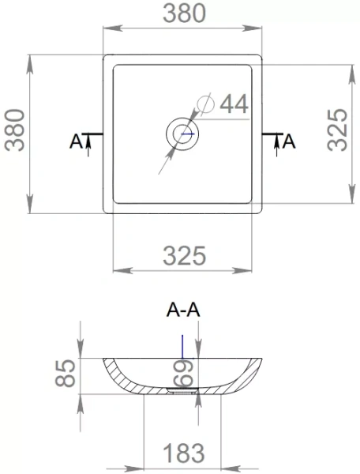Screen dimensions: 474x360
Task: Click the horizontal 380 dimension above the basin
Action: click(x=184, y=13)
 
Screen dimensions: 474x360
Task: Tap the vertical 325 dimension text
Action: click(x=336, y=130)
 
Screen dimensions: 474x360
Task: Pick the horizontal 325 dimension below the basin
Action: click(x=184, y=256)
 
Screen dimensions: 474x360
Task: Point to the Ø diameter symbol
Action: click(x=203, y=103)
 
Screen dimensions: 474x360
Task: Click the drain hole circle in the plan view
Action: click(x=183, y=133)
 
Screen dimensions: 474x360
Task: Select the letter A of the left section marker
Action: click(x=76, y=141)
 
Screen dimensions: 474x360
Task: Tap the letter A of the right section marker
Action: click(x=289, y=141)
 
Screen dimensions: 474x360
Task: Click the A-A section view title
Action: click(x=183, y=311)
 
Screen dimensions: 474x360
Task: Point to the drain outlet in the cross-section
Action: click(x=182, y=389)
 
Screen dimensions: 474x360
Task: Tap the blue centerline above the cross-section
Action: click(x=182, y=345)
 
